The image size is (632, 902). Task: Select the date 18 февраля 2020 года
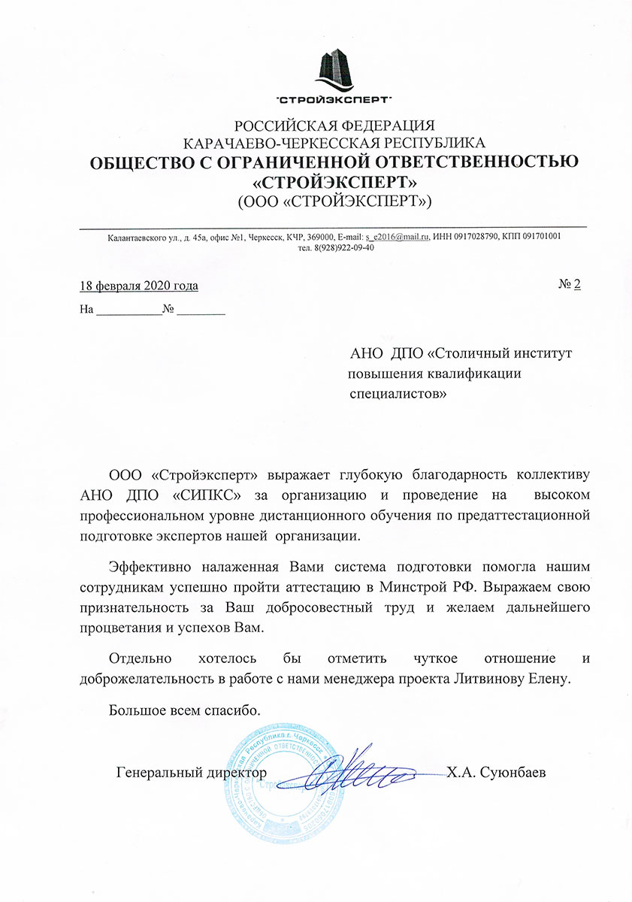(x=139, y=286)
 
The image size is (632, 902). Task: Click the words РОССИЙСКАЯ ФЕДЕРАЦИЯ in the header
(x=334, y=125)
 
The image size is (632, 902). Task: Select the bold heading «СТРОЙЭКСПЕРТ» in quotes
(x=334, y=181)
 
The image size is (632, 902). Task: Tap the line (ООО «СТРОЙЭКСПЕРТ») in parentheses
(x=334, y=201)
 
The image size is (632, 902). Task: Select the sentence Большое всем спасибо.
(x=185, y=710)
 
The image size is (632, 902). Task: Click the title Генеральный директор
(x=192, y=772)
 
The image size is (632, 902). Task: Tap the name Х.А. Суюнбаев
(x=494, y=772)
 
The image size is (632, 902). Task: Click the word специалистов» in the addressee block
(x=398, y=392)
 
